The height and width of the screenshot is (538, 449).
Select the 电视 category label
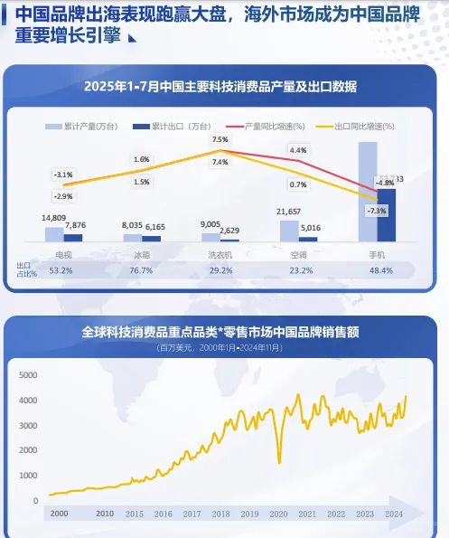[x=64, y=255]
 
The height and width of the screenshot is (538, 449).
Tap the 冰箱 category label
[x=141, y=255]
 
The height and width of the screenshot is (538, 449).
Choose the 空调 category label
[x=300, y=255]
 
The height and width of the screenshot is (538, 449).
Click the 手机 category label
[x=378, y=255]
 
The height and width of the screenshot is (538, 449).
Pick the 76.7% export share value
[x=141, y=270]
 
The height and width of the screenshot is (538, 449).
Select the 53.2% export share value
[x=61, y=270]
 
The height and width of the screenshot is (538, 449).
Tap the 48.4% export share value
[x=378, y=270]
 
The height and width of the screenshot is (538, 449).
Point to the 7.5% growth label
[x=220, y=140]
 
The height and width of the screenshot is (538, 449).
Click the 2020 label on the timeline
[x=278, y=513]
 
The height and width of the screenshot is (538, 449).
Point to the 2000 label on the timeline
[x=59, y=513]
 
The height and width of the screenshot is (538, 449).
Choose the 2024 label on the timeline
[x=394, y=513]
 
